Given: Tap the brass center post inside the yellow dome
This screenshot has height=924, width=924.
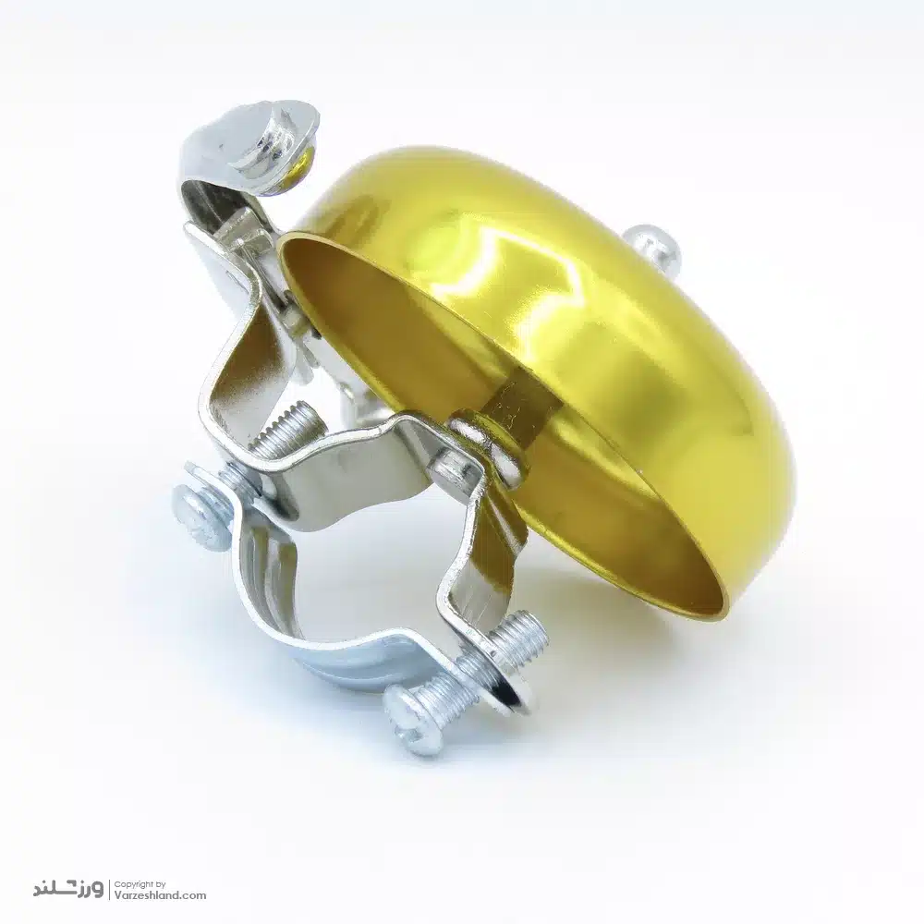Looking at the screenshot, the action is coord(518,406).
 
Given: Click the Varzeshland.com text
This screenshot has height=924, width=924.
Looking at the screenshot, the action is coord(160,895).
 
